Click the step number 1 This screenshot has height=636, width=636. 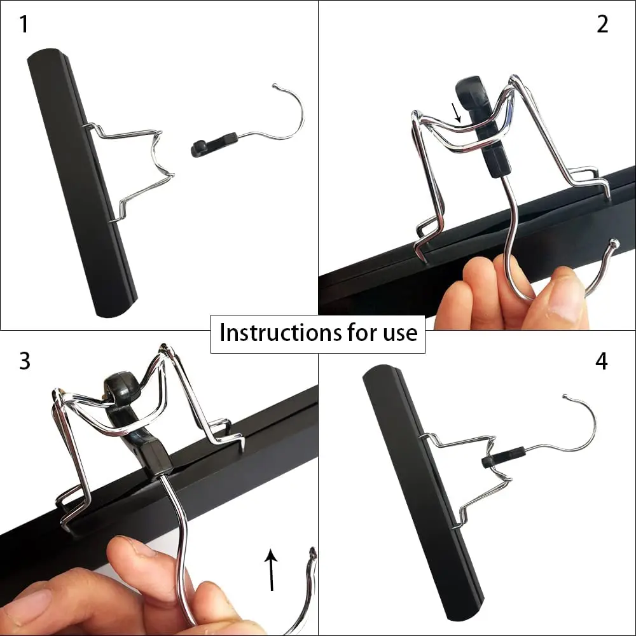pos(24,25)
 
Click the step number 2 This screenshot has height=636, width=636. pos(602,25)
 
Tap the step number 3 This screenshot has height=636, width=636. pos(24,361)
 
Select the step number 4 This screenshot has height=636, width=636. pos(602,361)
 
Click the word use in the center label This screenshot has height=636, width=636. pos(401,333)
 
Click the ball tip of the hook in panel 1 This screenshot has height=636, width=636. pos(275,85)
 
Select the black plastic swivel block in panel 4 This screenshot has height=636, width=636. pos(504,457)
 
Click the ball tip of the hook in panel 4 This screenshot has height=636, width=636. pos(565,397)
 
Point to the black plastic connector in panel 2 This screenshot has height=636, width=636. pos(483,127)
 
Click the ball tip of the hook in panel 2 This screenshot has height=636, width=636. pos(614,243)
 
